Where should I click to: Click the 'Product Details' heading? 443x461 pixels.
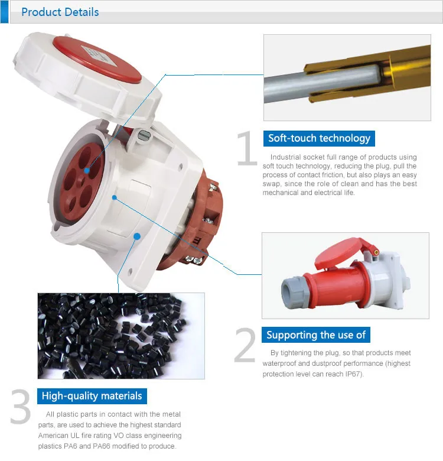click(x=60, y=12)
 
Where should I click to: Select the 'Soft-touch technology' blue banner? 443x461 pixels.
click(x=319, y=138)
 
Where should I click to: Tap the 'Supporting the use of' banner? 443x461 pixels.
click(x=316, y=335)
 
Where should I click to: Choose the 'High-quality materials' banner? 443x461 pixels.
click(x=92, y=396)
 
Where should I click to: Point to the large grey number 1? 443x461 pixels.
click(x=247, y=148)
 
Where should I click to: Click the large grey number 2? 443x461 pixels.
click(x=245, y=345)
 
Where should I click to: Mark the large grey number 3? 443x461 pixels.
click(x=21, y=407)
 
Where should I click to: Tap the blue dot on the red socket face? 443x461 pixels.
click(x=87, y=171)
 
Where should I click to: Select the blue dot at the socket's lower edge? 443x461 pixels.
click(x=137, y=236)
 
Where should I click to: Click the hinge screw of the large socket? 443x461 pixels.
click(x=144, y=135)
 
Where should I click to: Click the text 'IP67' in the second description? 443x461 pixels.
click(x=354, y=374)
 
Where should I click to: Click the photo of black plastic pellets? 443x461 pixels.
click(x=121, y=336)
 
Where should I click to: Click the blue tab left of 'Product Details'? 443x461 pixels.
click(x=4, y=12)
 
